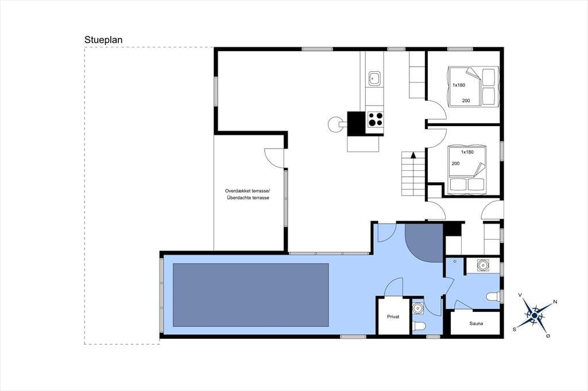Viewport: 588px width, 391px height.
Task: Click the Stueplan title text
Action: coord(103,40)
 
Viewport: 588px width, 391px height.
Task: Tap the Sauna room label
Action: coord(476,323)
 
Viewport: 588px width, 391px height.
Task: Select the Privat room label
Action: coord(393,316)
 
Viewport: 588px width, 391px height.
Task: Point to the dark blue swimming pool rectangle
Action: coord(250,295)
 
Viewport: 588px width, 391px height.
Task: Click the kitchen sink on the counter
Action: coord(374,79)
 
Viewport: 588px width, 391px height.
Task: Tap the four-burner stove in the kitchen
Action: coord(376,119)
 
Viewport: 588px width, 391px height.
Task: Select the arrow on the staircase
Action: coord(413,155)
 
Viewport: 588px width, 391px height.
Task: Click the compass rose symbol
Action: coord(534,315)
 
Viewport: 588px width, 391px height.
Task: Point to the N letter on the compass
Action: coord(555,302)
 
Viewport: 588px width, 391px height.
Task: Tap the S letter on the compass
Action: coord(514,329)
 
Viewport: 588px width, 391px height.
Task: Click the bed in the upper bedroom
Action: coord(473,87)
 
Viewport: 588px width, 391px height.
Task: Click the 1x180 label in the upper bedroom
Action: coord(459,85)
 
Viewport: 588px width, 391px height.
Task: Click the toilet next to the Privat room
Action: coord(418,327)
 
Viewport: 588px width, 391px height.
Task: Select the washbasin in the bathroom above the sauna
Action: coord(483,265)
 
